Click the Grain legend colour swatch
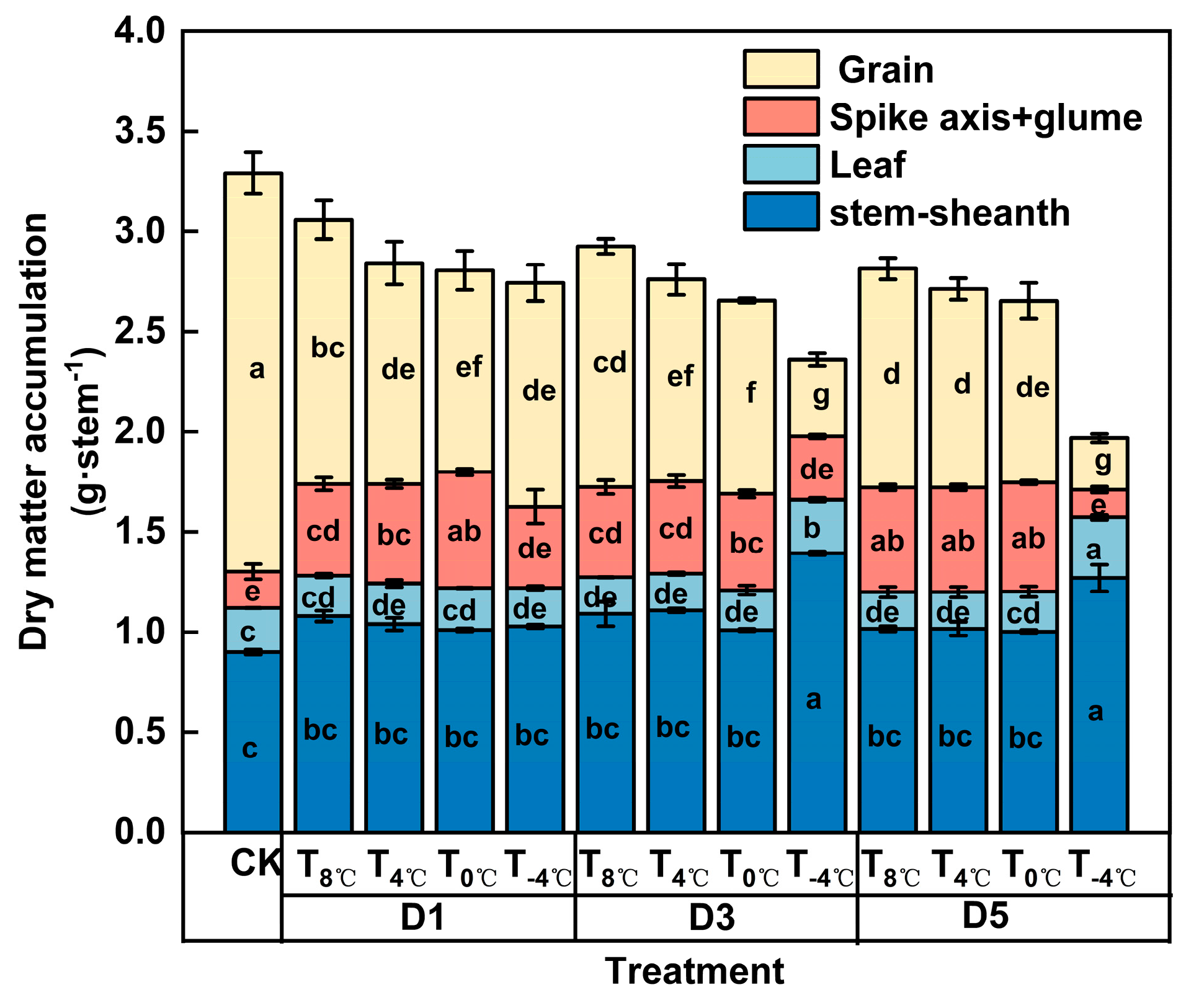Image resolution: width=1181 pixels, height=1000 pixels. pyautogui.click(x=781, y=69)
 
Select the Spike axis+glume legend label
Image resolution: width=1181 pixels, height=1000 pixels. pyautogui.click(x=985, y=117)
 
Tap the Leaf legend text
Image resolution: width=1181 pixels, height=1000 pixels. pyautogui.click(x=867, y=165)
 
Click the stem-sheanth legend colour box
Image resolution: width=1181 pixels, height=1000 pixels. pyautogui.click(x=781, y=212)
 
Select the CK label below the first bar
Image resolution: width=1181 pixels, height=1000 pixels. pyautogui.click(x=255, y=862)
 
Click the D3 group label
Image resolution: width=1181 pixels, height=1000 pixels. pyautogui.click(x=712, y=917)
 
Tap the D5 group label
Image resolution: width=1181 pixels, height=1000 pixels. pyautogui.click(x=985, y=916)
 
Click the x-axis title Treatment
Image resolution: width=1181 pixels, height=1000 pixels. pyautogui.click(x=694, y=971)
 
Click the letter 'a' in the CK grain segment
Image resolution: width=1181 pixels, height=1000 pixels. pyautogui.click(x=256, y=370)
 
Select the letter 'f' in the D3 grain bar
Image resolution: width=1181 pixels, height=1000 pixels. pyautogui.click(x=751, y=393)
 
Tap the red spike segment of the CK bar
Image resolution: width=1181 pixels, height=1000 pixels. pyautogui.click(x=253, y=590)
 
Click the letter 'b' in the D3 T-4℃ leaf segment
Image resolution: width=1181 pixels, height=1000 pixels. pyautogui.click(x=812, y=529)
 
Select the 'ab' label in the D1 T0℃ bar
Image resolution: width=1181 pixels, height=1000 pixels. pyautogui.click(x=463, y=532)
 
